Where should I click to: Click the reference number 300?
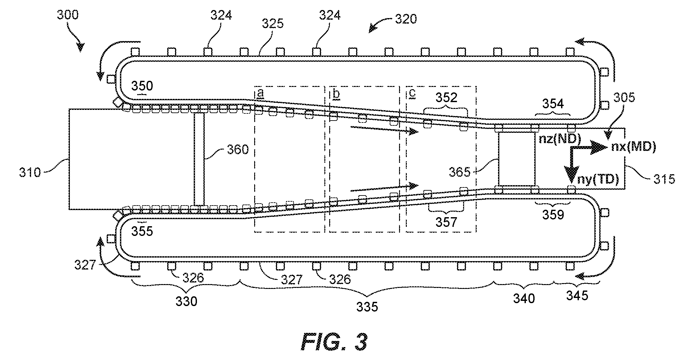pyautogui.click(x=68, y=15)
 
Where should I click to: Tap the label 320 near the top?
pyautogui.click(x=406, y=19)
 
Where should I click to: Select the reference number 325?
pyautogui.click(x=273, y=24)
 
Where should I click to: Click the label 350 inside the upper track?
pyautogui.click(x=142, y=86)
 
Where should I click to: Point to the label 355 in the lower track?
pyautogui.click(x=142, y=231)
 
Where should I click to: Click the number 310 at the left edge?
pyautogui.click(x=30, y=173)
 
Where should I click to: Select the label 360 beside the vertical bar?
pyautogui.click(x=238, y=150)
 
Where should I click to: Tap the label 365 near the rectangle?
pyautogui.click(x=460, y=172)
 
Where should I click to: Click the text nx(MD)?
pyautogui.click(x=634, y=147)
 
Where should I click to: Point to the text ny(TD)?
pyautogui.click(x=598, y=179)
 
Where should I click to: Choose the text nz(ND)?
pyautogui.click(x=560, y=139)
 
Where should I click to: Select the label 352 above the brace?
pyautogui.click(x=446, y=97)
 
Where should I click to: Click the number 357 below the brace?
pyautogui.click(x=446, y=222)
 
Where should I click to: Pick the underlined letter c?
pyautogui.click(x=412, y=94)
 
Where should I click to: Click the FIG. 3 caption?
pyautogui.click(x=334, y=342)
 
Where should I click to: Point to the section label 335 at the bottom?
pyautogui.click(x=367, y=307)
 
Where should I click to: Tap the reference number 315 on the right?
pyautogui.click(x=664, y=179)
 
